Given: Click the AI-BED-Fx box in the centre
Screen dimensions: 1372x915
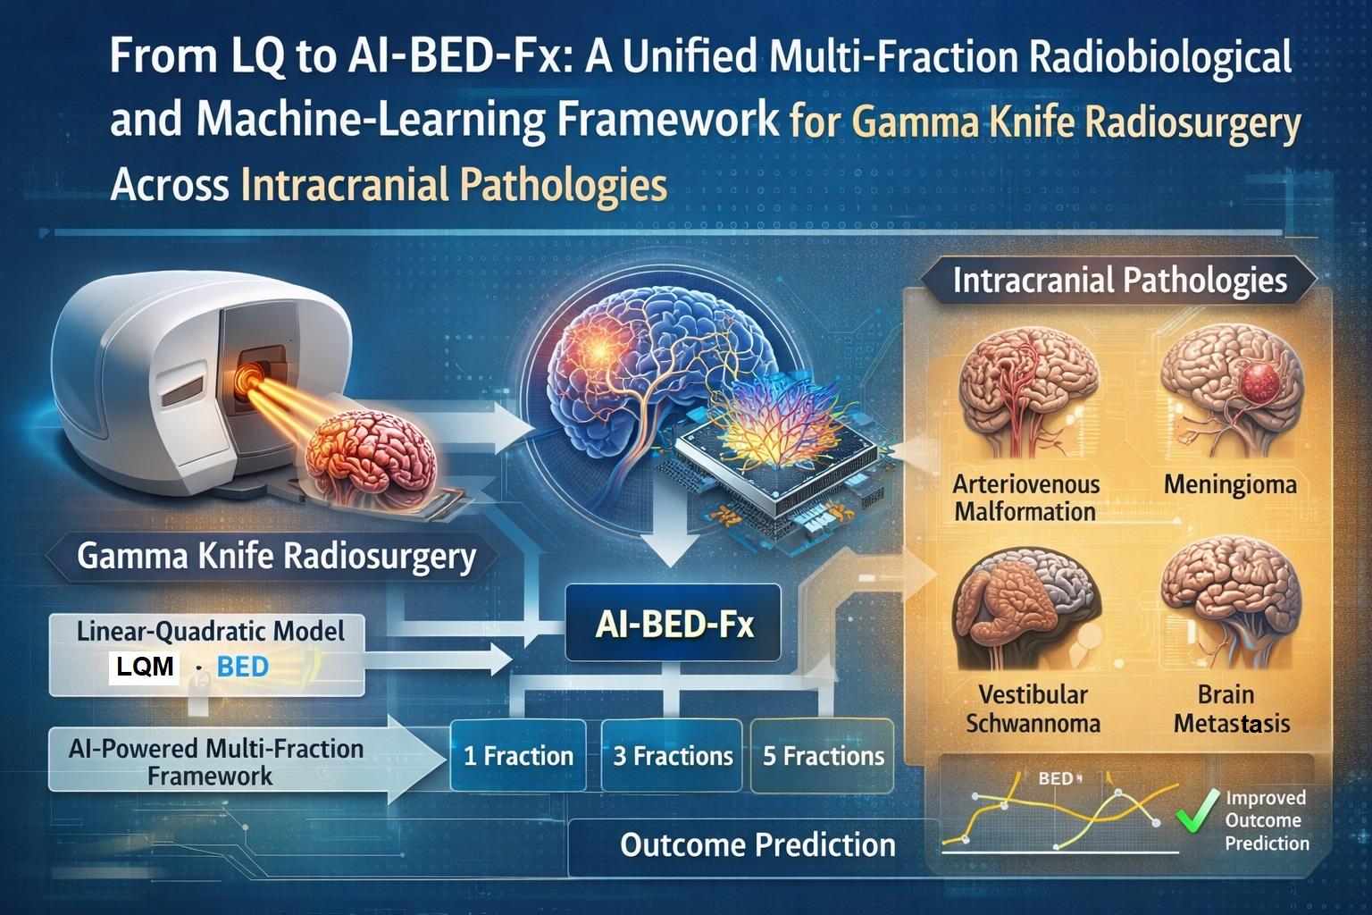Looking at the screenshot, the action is click(673, 623).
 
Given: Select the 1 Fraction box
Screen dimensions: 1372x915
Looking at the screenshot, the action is click(518, 756).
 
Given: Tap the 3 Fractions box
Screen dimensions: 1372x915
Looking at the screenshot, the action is click(672, 756).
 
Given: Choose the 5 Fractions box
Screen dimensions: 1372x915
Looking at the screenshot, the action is click(823, 756).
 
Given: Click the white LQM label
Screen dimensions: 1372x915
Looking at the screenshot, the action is click(145, 667).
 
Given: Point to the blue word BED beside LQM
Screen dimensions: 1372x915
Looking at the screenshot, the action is click(243, 667).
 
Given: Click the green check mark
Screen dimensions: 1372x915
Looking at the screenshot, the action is click(1198, 810).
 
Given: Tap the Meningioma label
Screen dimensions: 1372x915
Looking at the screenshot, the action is click(1230, 485).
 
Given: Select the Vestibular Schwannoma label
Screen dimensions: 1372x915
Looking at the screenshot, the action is click(1033, 709).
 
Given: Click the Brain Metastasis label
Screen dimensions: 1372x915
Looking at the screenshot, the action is click(1231, 709).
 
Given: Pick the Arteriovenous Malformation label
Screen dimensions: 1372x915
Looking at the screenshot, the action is click(1026, 498).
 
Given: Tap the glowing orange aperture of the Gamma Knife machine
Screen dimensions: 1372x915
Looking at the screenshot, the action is click(250, 377).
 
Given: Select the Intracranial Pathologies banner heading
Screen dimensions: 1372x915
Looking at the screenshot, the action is click(1119, 281).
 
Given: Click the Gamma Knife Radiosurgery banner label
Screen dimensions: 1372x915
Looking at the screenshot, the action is click(276, 557).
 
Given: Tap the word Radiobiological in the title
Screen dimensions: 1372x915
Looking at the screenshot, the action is click(1160, 57).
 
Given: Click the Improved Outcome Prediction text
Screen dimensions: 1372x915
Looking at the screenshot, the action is click(1267, 820).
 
